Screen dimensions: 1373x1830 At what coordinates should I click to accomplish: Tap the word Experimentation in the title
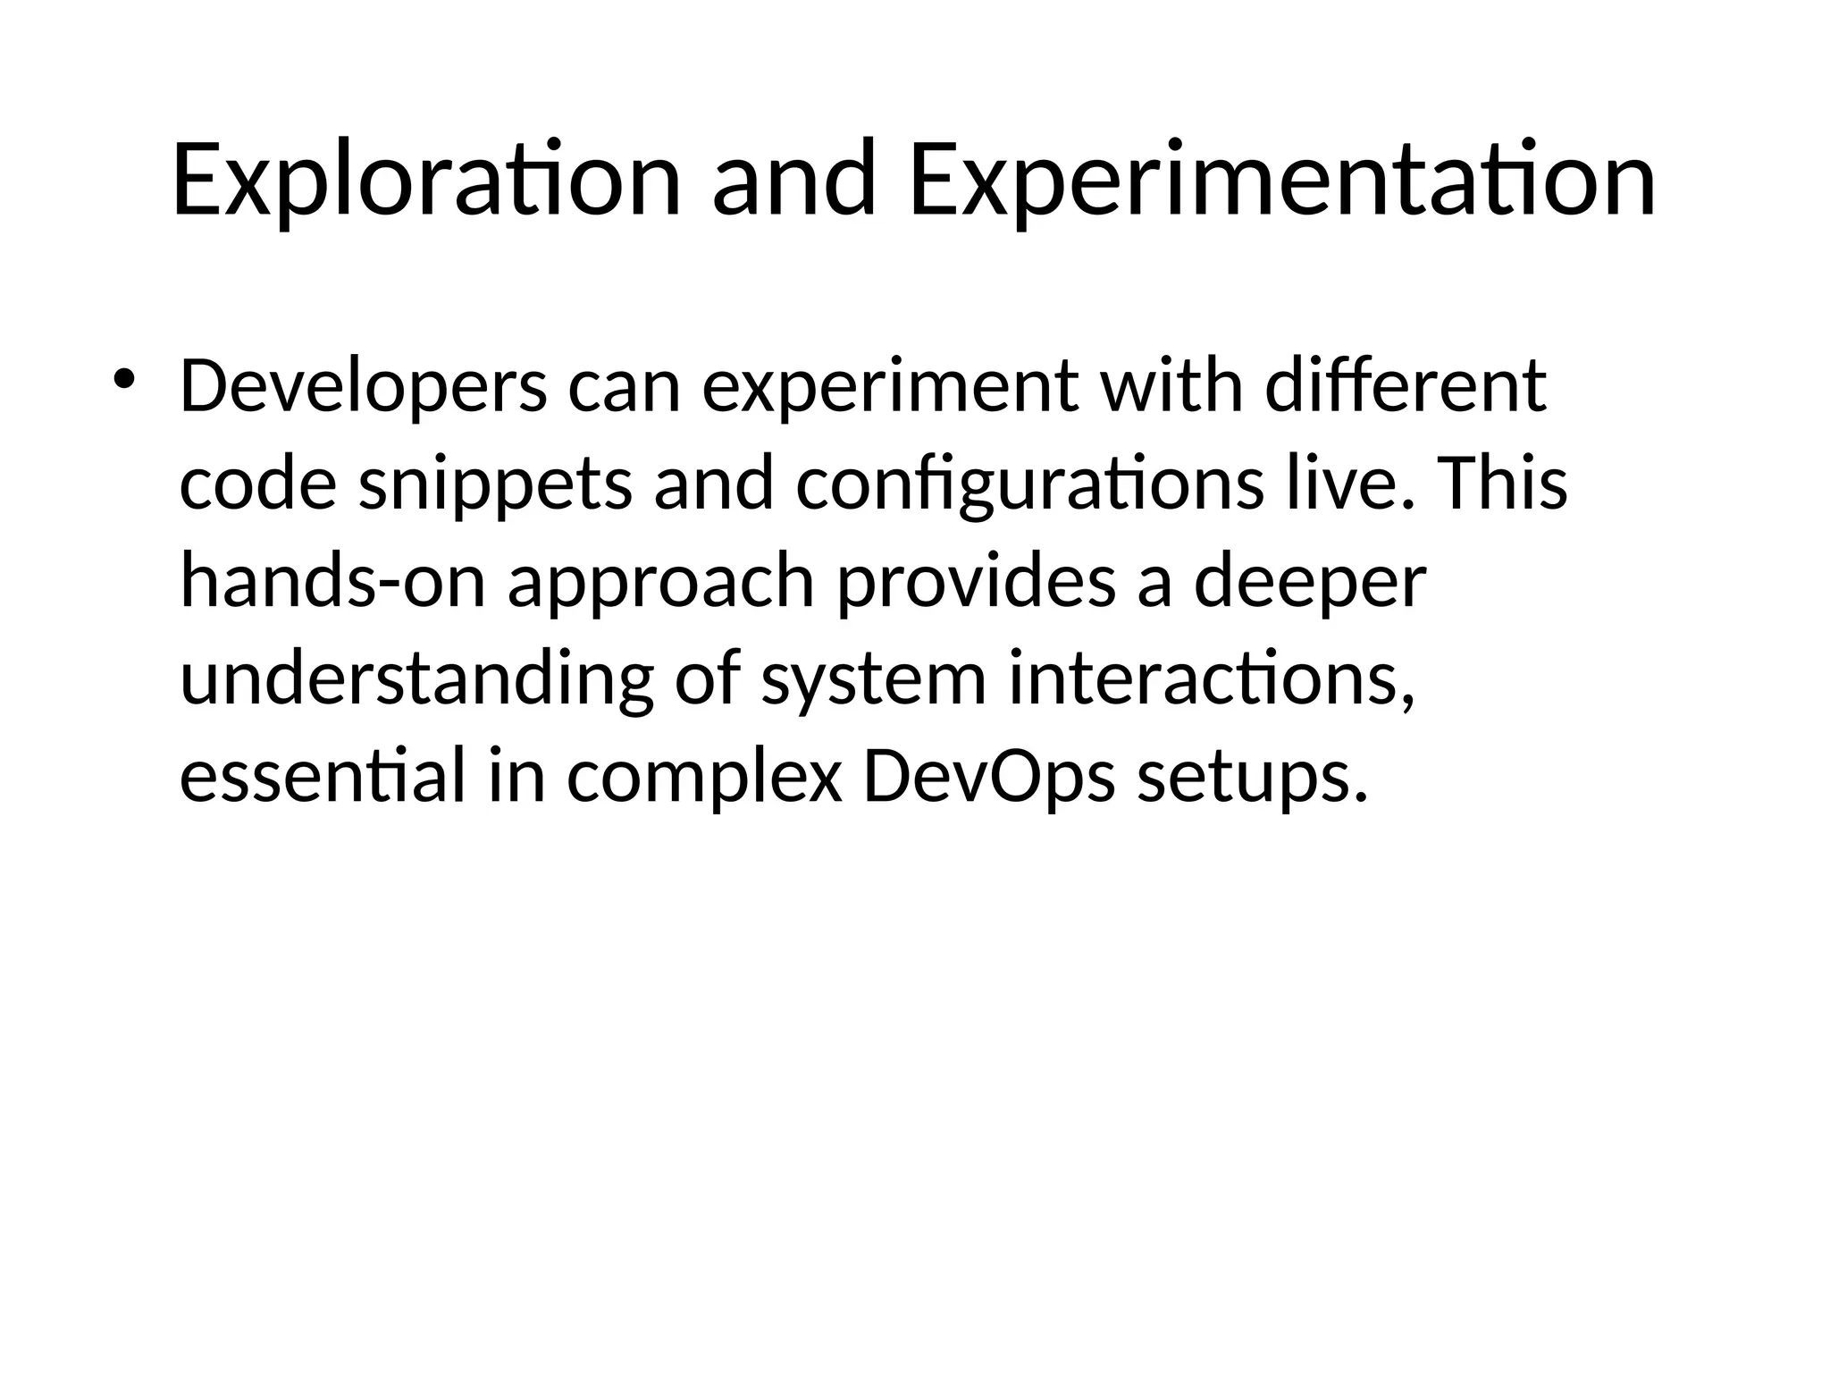[1281, 181]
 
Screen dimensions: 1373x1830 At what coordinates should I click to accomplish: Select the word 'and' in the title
[793, 181]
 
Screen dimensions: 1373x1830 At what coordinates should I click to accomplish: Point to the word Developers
[363, 387]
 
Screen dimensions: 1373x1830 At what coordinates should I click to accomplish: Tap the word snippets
[495, 484]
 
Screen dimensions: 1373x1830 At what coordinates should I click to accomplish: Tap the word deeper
[1310, 582]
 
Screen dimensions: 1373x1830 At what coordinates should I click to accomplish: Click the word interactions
[1212, 679]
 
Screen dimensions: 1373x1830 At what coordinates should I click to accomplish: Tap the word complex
[704, 777]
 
